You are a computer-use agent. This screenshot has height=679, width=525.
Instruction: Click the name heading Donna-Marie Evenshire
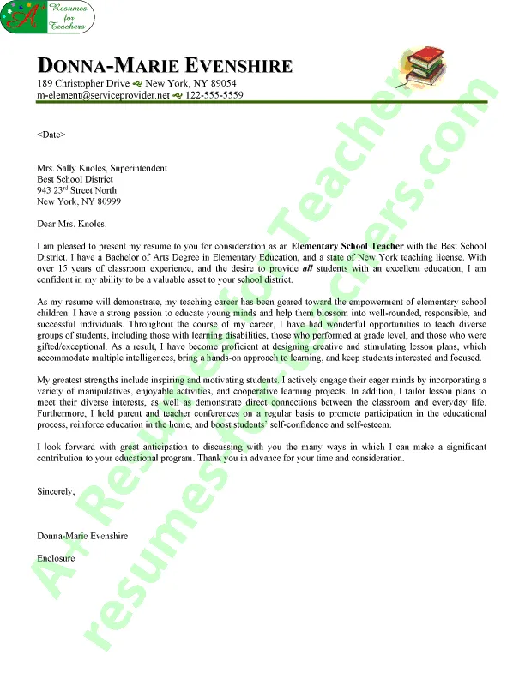165,66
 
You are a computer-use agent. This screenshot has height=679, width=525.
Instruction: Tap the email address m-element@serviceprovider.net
103,95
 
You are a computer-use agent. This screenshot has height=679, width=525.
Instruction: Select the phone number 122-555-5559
214,95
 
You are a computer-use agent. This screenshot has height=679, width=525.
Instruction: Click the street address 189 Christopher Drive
83,83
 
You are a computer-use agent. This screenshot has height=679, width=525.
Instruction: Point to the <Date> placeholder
51,135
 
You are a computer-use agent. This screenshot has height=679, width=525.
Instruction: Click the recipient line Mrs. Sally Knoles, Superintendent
101,168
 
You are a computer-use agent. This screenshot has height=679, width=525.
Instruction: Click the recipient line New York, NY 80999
79,201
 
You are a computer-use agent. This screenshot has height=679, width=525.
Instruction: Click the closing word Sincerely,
56,491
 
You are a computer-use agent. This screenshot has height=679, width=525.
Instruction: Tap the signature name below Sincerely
82,536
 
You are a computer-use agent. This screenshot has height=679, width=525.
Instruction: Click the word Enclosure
56,558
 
